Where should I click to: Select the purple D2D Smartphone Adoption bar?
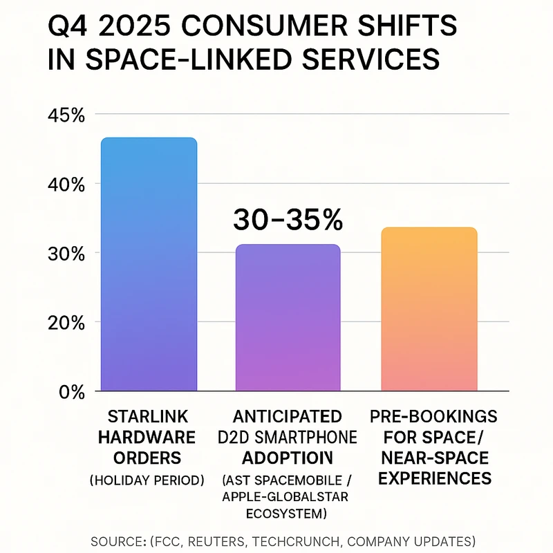point(288,318)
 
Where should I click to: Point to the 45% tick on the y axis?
point(66,115)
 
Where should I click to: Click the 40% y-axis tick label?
point(66,185)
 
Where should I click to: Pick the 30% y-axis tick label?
point(66,254)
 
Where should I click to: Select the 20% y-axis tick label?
point(66,323)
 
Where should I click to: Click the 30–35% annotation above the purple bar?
point(288,220)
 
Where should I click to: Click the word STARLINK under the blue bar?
point(149,418)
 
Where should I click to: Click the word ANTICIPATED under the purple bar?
point(288,418)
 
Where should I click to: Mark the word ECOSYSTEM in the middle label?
point(288,514)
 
